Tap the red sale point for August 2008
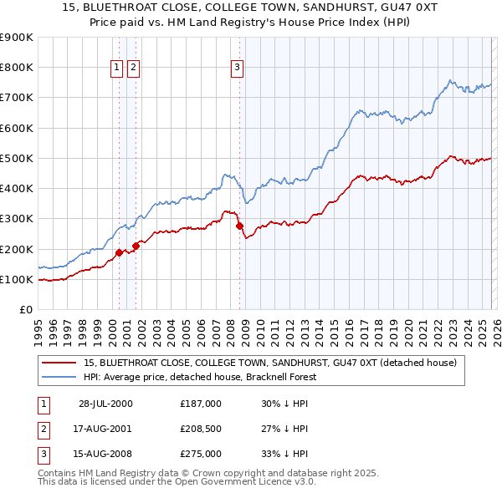pyautogui.click(x=239, y=226)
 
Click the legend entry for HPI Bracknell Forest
pyautogui.click(x=198, y=377)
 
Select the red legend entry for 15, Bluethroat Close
pyautogui.click(x=269, y=363)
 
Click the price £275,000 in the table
pyautogui.click(x=201, y=454)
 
